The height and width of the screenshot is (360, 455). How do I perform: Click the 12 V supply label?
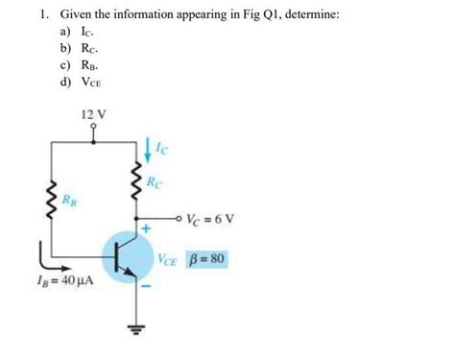pyautogui.click(x=94, y=114)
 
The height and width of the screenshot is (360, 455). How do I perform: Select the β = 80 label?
pyautogui.click(x=208, y=259)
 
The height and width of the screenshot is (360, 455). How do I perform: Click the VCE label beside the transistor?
pyautogui.click(x=169, y=259)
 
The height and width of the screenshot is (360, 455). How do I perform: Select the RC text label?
pyautogui.click(x=155, y=182)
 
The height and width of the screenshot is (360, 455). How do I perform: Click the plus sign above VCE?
pyautogui.click(x=148, y=230)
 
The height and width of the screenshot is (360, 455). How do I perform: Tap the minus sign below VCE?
pyautogui.click(x=148, y=285)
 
